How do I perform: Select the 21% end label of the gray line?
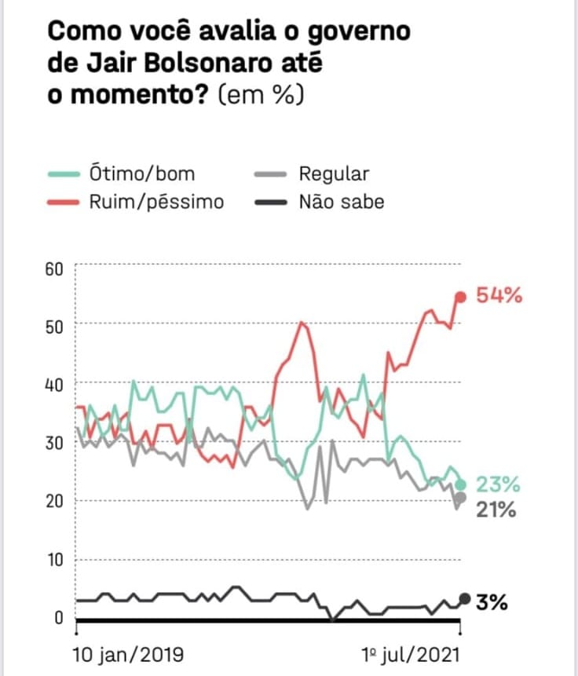click(496, 510)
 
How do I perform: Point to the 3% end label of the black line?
click(492, 602)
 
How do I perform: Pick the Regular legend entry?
click(333, 173)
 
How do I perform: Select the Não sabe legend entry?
click(342, 202)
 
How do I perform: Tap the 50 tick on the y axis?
click(54, 326)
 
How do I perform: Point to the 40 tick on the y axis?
click(54, 384)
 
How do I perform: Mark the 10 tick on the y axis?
click(54, 560)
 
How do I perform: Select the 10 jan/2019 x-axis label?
click(128, 653)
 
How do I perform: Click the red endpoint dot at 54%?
click(461, 296)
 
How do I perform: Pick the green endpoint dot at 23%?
click(461, 484)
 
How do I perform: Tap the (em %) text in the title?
click(260, 95)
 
